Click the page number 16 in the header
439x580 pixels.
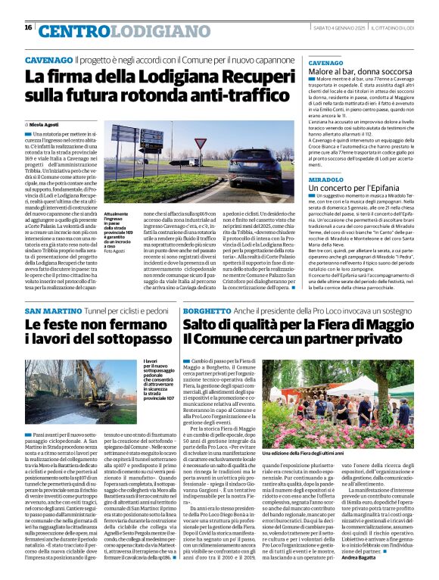tap(28, 27)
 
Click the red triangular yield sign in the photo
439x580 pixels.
tap(199, 142)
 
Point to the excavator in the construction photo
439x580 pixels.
tap(83, 386)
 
